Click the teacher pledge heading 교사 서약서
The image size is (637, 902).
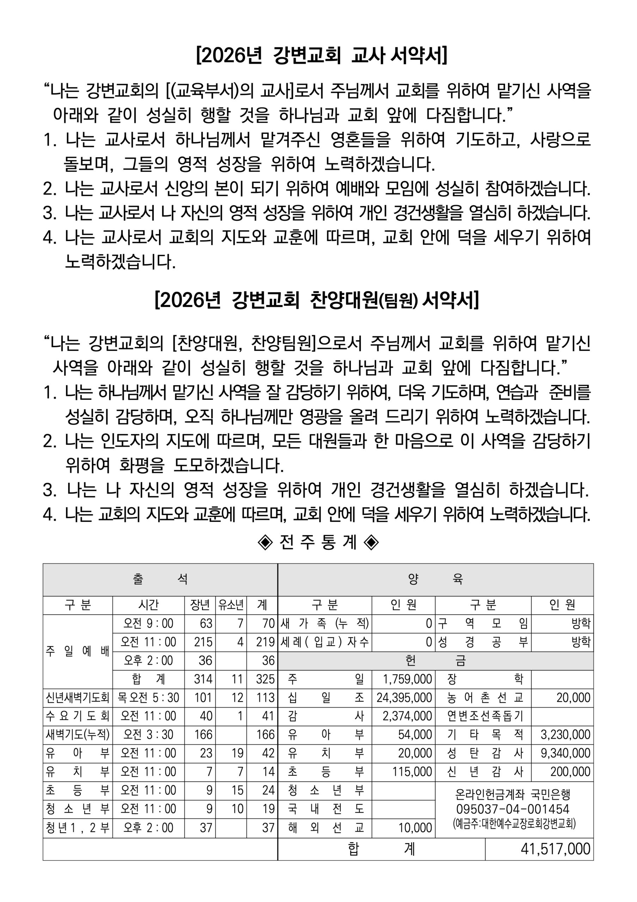point(321,55)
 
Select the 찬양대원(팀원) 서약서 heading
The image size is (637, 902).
point(317,301)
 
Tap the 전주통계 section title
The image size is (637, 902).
point(318,543)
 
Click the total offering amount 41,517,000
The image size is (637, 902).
point(555,848)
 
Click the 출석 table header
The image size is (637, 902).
point(160,579)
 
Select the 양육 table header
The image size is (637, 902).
point(435,579)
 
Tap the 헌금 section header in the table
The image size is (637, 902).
point(435,660)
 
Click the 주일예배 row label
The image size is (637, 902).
point(78,651)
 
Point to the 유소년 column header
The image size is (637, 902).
point(231,605)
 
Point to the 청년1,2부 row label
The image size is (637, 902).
point(78,827)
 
